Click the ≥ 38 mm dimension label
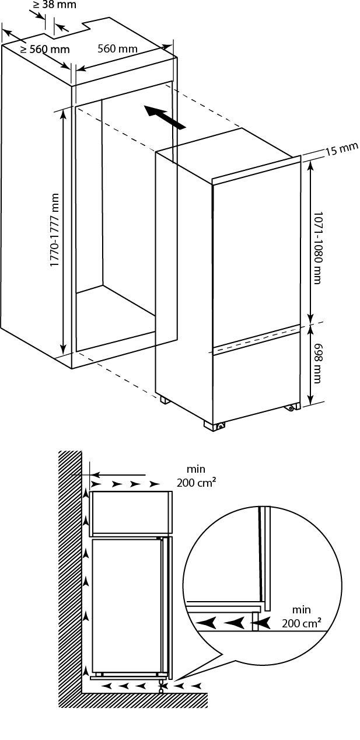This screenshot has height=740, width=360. click(46, 5)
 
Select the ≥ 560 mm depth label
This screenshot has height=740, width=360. click(45, 50)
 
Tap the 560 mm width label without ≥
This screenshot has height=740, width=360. click(117, 48)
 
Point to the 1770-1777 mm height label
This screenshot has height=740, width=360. click(55, 231)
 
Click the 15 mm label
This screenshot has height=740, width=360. click(341, 149)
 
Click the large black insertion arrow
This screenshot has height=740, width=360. click(165, 117)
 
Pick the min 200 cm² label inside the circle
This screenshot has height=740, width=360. click(301, 617)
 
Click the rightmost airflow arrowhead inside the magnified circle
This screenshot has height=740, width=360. click(261, 623)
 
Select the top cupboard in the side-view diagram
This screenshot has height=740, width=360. click(131, 512)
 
